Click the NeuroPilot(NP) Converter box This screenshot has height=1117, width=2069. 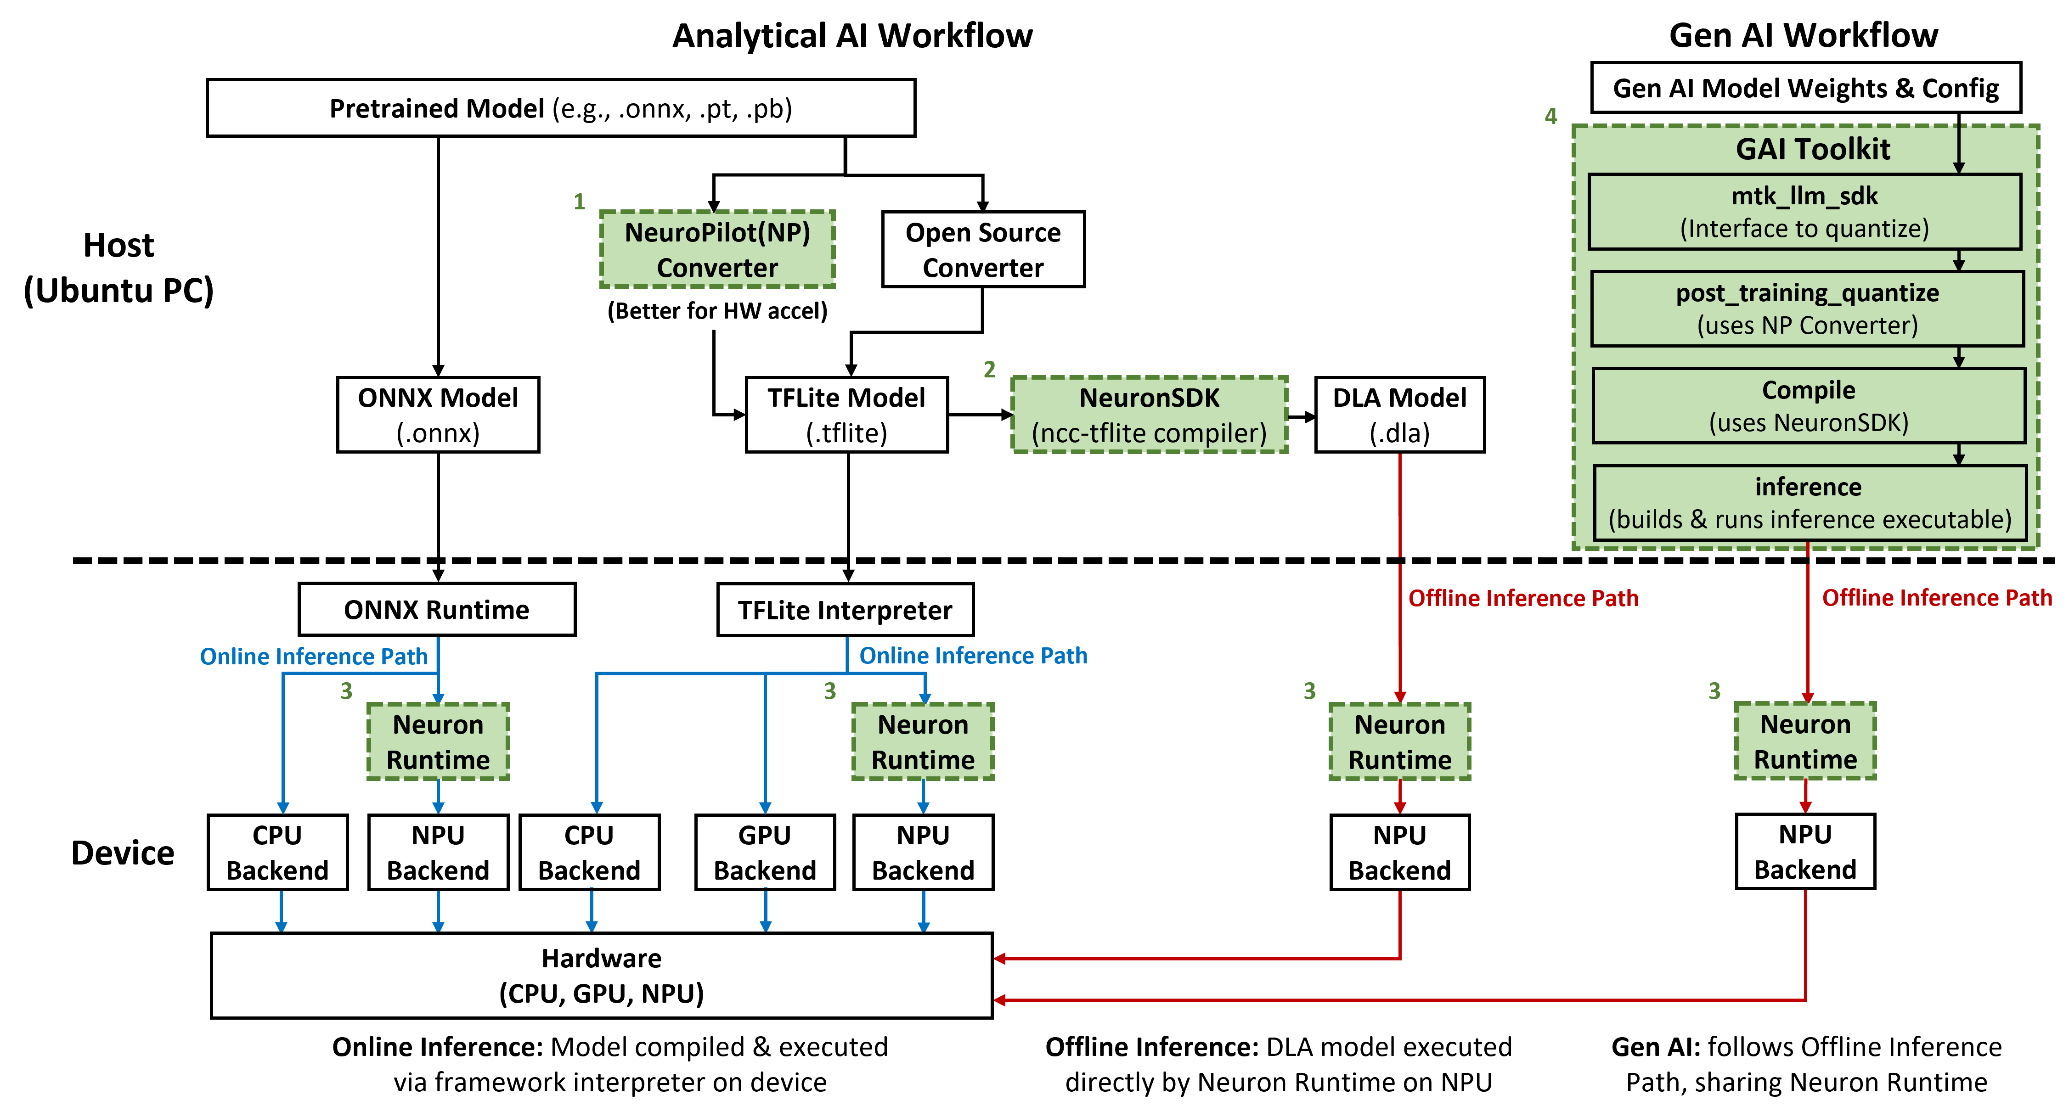tap(717, 249)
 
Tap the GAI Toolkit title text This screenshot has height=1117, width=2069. tap(1813, 149)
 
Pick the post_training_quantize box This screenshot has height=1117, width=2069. tap(1807, 309)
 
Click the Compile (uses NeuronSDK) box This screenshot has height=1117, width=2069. tap(1808, 405)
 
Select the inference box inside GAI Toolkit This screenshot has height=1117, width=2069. tap(1810, 503)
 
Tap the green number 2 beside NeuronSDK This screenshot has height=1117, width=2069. tap(990, 370)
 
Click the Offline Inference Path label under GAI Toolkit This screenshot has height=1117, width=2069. tap(1936, 597)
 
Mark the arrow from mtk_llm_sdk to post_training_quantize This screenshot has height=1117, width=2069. tap(1959, 260)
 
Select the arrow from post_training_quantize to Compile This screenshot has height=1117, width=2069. tap(1959, 357)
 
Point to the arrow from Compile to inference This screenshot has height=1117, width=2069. tap(1959, 455)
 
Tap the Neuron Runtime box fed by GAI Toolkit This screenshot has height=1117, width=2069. tap(1805, 741)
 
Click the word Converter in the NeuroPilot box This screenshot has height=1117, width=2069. tap(717, 267)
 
